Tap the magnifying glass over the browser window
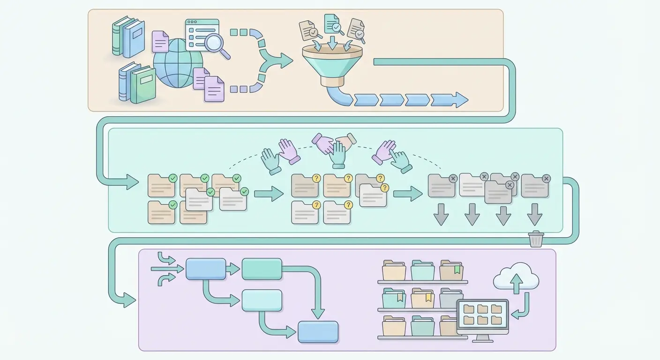click(x=215, y=44)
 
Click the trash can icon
click(x=536, y=239)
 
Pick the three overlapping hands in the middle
click(x=334, y=148)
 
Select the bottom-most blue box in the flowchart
click(x=318, y=331)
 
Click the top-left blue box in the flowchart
click(x=206, y=269)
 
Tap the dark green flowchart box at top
click(x=262, y=269)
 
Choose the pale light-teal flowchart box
click(x=262, y=300)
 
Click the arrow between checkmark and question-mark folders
click(x=269, y=193)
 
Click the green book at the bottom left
click(x=142, y=86)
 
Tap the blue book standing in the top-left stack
click(x=134, y=38)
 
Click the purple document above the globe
click(x=160, y=41)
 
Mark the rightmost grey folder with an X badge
click(x=535, y=186)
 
